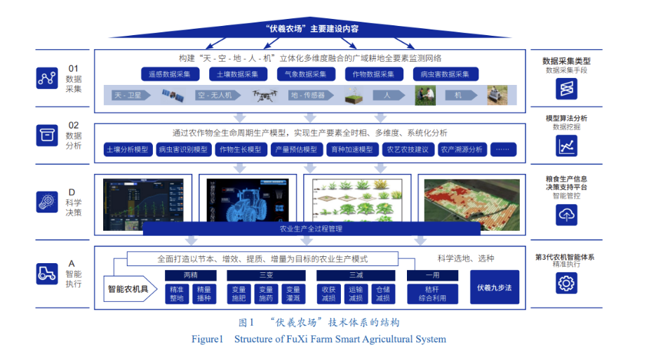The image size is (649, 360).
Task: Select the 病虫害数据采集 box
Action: [445, 74]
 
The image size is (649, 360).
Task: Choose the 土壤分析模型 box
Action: [127, 149]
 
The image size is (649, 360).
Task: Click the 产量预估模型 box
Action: [295, 149]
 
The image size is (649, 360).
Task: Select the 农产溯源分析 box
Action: [461, 149]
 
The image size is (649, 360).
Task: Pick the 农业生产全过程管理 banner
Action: [312, 229]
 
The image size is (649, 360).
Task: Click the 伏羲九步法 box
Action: [494, 287]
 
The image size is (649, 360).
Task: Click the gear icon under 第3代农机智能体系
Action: [566, 283]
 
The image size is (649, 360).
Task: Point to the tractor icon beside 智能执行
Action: [46, 274]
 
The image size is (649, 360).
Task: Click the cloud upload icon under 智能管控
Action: [566, 215]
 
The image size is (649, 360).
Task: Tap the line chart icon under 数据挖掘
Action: [566, 145]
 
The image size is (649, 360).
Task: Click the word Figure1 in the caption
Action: [207, 340]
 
